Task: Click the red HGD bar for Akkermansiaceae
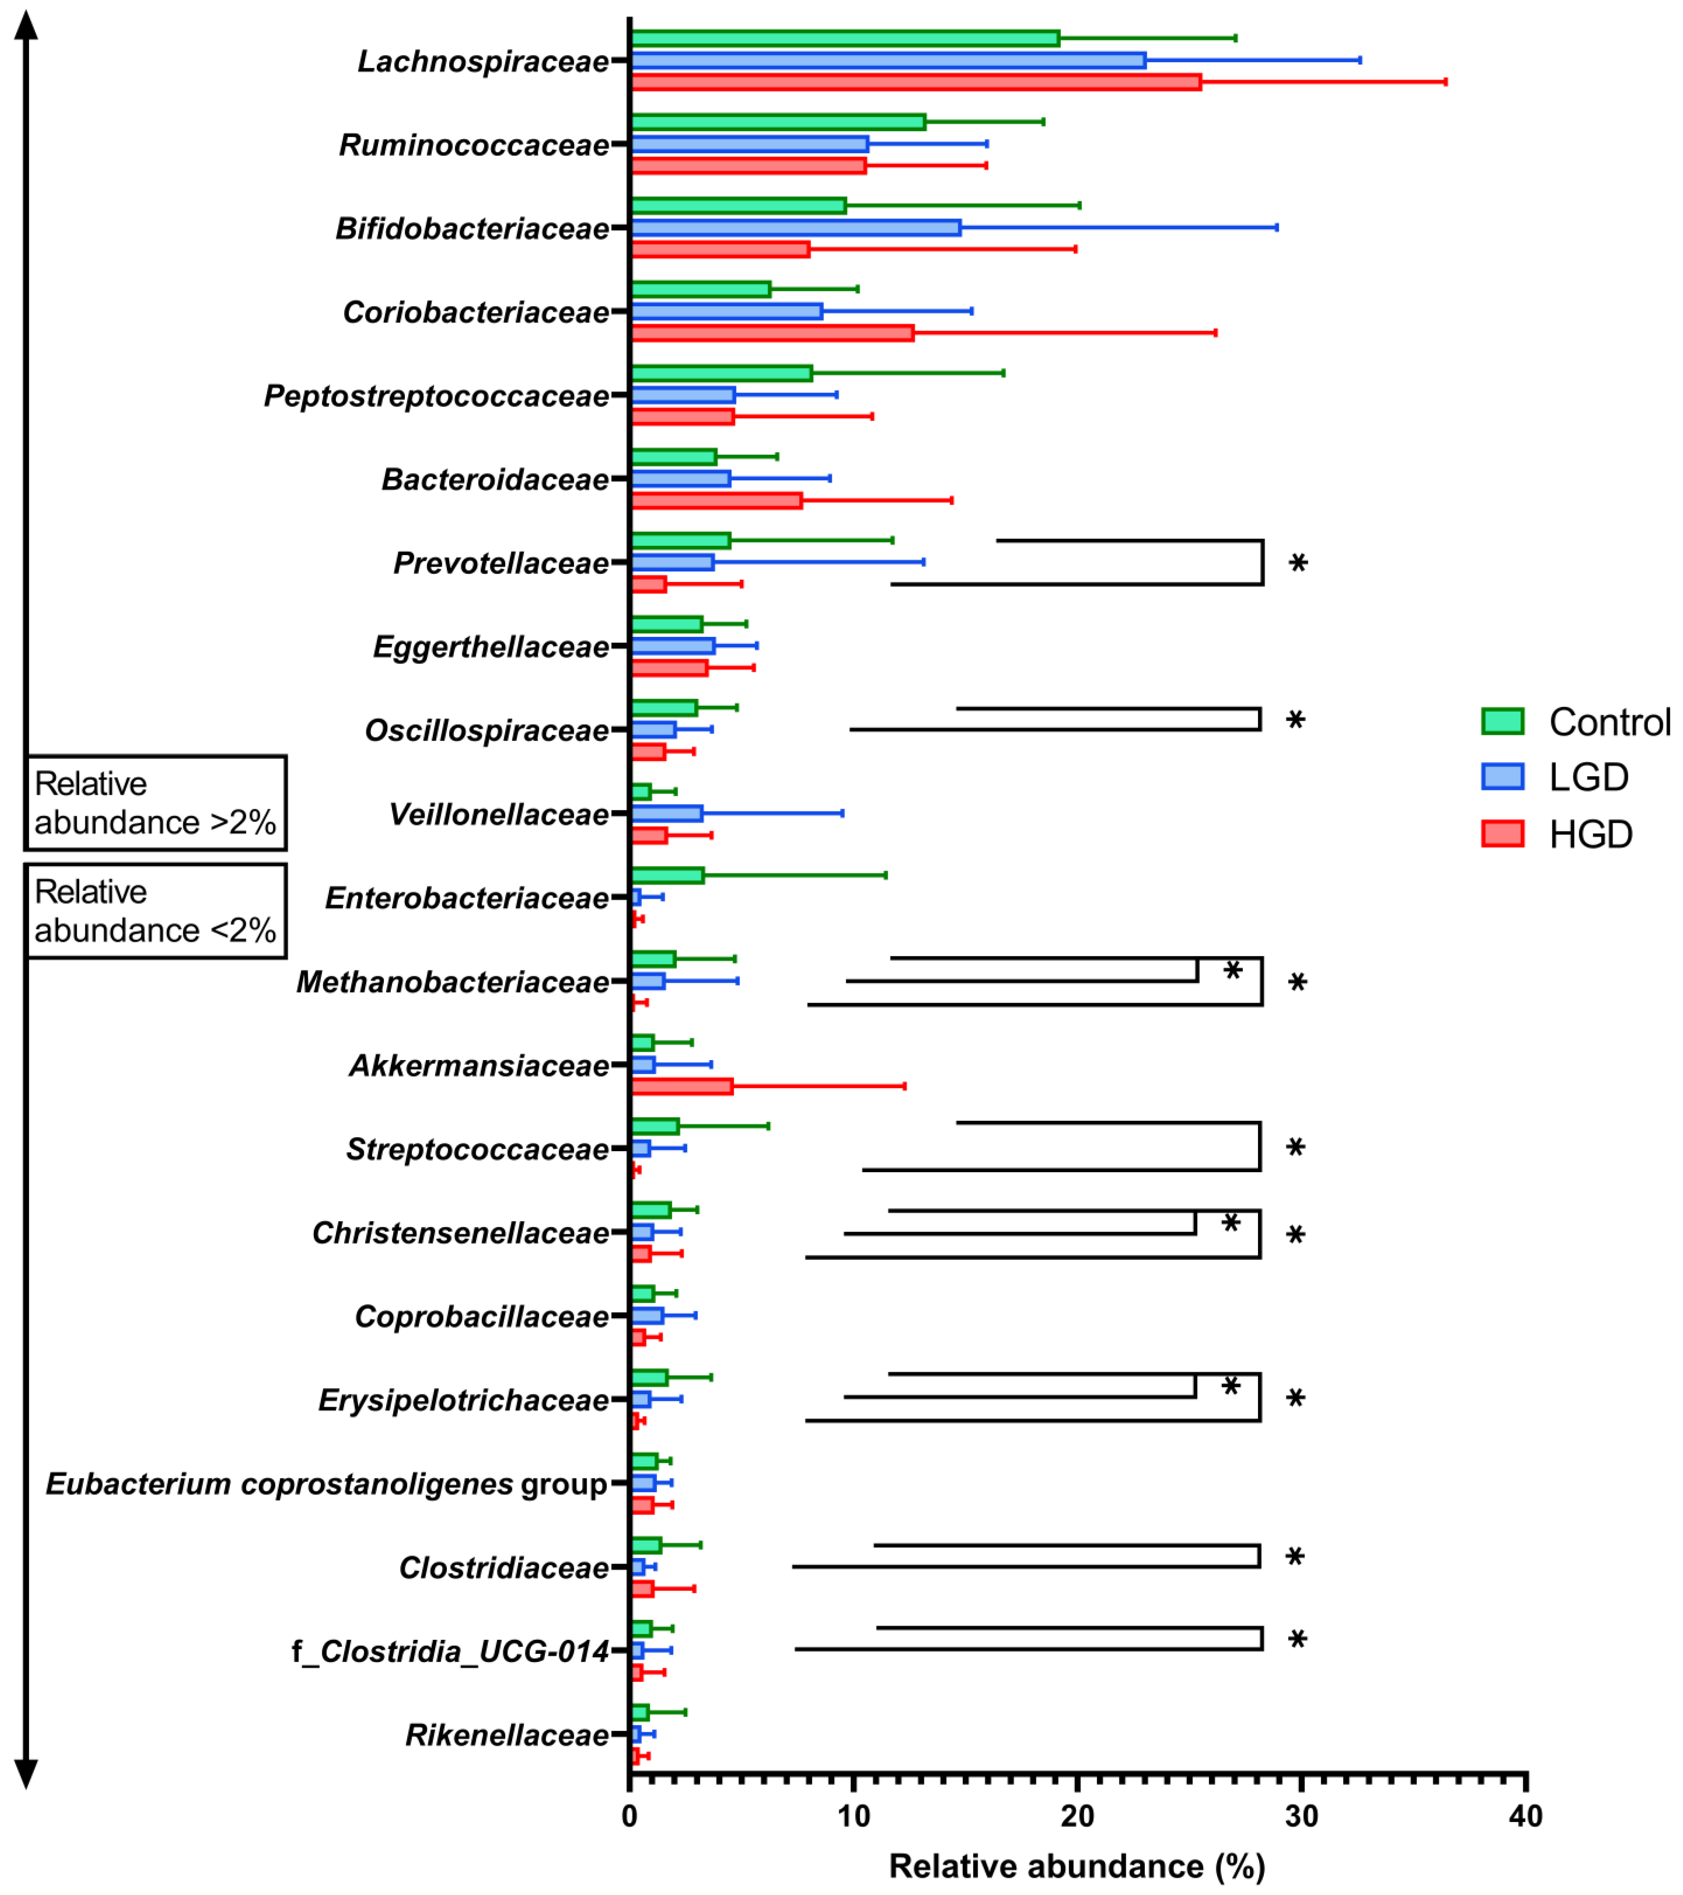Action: tap(681, 1087)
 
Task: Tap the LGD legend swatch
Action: tap(1502, 777)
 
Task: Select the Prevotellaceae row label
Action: tap(500, 563)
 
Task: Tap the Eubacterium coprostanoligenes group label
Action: tap(326, 1484)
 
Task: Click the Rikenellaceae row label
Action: tap(507, 1735)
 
